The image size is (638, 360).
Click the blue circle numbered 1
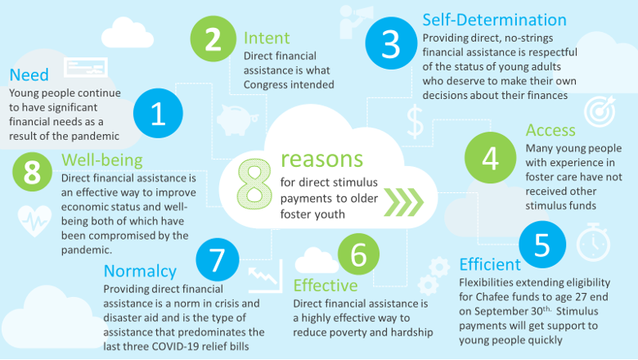(x=158, y=113)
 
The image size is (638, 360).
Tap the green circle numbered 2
(x=213, y=39)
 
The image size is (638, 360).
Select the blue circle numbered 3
(x=391, y=43)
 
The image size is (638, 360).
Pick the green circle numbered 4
(x=490, y=157)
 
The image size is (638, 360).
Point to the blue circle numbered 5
(x=542, y=245)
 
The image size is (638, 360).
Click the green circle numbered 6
(x=358, y=254)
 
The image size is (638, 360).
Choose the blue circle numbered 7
(x=218, y=259)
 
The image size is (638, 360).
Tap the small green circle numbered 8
(x=32, y=172)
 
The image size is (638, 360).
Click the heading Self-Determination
(x=494, y=20)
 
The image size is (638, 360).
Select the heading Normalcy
(x=140, y=272)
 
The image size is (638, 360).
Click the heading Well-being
(x=102, y=160)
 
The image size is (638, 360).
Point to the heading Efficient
(x=490, y=264)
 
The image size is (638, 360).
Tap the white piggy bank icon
(x=238, y=119)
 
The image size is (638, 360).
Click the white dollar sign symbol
(x=415, y=122)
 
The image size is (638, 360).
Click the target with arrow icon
(x=600, y=110)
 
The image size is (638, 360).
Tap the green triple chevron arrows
(x=403, y=202)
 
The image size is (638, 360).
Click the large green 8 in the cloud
(x=254, y=184)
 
